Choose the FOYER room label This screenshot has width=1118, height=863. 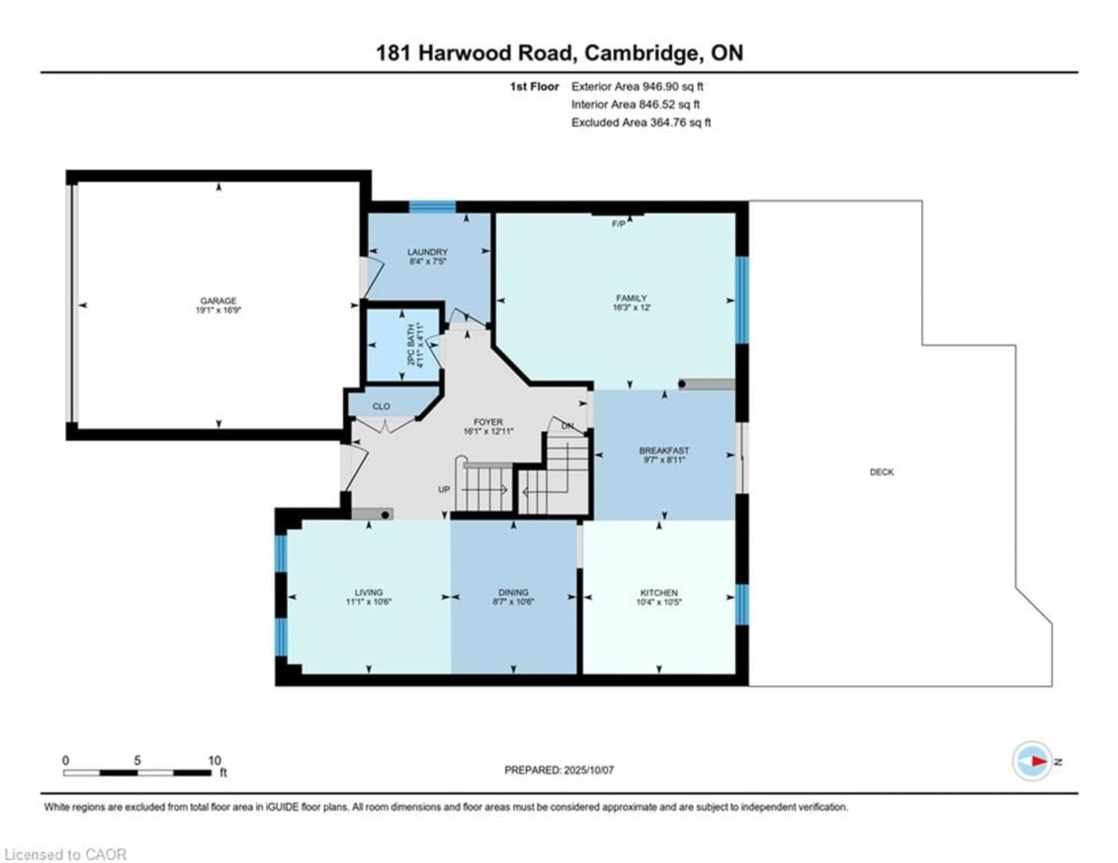(x=488, y=422)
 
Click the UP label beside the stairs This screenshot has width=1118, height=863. (x=444, y=489)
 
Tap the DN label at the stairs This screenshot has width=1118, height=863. (x=567, y=426)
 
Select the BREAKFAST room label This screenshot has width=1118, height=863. (x=664, y=450)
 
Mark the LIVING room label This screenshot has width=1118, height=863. (x=369, y=592)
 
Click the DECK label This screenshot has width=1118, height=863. (x=882, y=472)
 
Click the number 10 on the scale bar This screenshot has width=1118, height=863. (x=215, y=760)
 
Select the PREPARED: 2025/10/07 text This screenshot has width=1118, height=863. (x=559, y=770)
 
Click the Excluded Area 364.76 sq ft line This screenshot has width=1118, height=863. (x=641, y=122)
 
